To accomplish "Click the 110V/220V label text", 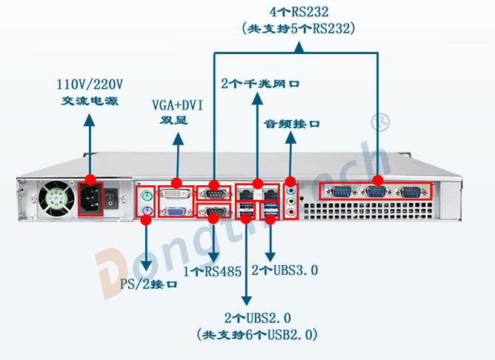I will click(x=90, y=84).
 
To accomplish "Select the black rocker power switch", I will click(x=112, y=199).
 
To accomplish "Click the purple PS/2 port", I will click(x=147, y=213).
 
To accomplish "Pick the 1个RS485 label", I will click(x=212, y=271).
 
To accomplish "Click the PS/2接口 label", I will click(x=149, y=284).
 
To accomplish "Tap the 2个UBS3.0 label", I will click(x=285, y=270).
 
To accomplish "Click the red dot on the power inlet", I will click(x=90, y=180).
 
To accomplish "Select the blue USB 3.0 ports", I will click(x=270, y=210).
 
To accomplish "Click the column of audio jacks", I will click(x=290, y=199).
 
